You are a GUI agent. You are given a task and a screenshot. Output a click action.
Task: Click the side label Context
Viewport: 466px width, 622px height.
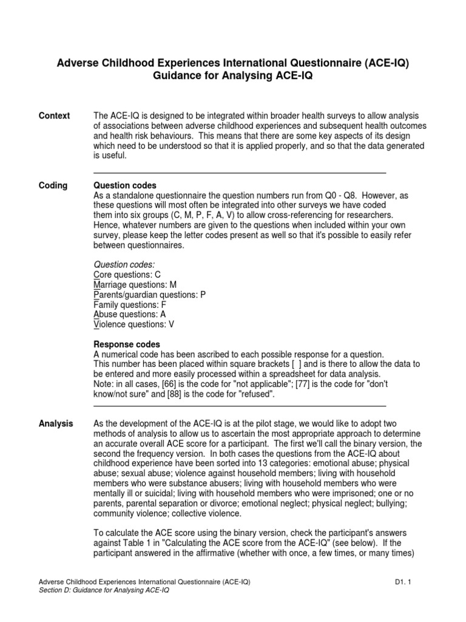pyautogui.click(x=54, y=116)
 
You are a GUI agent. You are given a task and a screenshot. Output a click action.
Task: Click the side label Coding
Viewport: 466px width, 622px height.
pyautogui.click(x=53, y=185)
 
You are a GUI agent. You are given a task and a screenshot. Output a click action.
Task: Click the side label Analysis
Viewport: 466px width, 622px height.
pyautogui.click(x=56, y=423)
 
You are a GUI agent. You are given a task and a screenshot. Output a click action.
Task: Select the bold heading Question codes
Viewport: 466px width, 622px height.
pyautogui.click(x=124, y=185)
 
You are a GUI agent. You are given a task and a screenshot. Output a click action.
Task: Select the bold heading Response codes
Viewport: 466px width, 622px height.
pyautogui.click(x=126, y=344)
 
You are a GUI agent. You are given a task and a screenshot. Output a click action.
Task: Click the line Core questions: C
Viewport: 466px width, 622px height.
pyautogui.click(x=126, y=275)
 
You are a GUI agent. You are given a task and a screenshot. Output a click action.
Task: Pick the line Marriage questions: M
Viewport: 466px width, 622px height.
pyautogui.click(x=135, y=285)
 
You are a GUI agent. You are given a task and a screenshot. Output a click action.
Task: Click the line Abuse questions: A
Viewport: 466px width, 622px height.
pyautogui.click(x=129, y=315)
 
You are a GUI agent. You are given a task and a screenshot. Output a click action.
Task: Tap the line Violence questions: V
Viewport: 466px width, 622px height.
pyautogui.click(x=133, y=324)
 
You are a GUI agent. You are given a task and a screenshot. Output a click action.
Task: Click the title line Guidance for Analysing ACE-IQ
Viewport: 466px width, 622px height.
pyautogui.click(x=233, y=76)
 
